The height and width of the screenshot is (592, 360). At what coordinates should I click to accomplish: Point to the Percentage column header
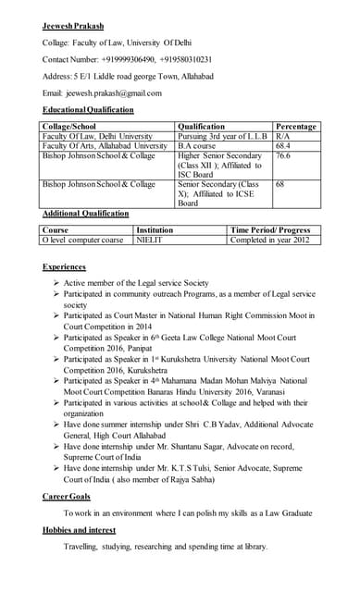(296, 127)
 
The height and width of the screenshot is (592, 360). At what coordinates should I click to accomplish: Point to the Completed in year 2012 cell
(270, 240)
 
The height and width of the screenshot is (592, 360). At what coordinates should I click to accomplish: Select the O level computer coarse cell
(82, 240)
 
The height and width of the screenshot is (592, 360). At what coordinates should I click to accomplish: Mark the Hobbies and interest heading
(84, 530)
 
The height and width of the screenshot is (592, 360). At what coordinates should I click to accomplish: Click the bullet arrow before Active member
(57, 282)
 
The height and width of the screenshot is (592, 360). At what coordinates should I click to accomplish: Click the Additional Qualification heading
(86, 213)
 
